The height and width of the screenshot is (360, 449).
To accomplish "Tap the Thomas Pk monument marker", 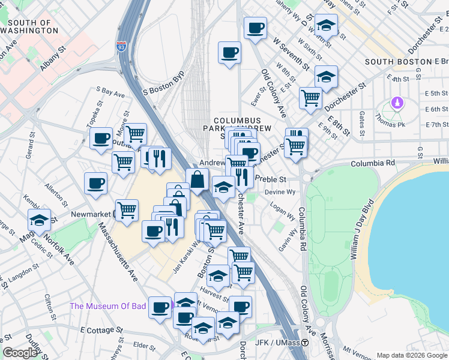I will click(x=396, y=104).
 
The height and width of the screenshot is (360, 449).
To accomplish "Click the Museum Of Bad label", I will click(x=108, y=306).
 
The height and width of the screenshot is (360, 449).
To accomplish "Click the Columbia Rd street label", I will click(x=373, y=163).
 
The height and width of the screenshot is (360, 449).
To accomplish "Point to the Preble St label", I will click(x=271, y=179).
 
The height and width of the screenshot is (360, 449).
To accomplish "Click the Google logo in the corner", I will click(x=20, y=353).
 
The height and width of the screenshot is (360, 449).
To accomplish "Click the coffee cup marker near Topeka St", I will click(x=101, y=139).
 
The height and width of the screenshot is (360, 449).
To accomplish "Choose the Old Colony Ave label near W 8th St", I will click(x=273, y=92).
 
